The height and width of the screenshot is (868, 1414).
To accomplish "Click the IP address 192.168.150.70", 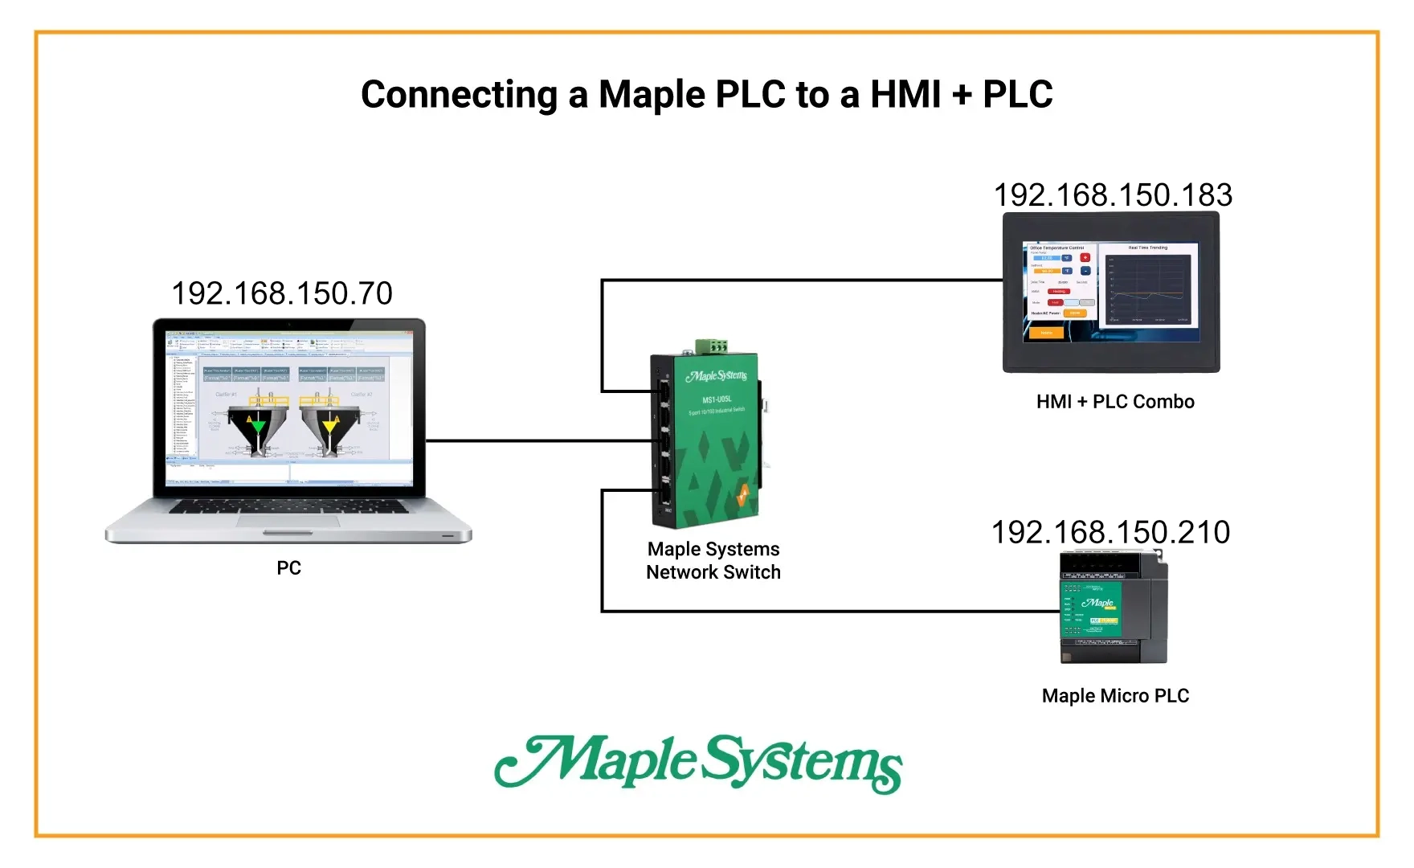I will [x=282, y=293].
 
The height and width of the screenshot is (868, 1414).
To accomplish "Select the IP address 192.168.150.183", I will [x=1113, y=195].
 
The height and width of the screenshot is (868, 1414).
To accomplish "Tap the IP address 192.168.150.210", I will [x=1110, y=532].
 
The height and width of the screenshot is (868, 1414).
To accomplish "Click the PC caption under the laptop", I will [x=288, y=568].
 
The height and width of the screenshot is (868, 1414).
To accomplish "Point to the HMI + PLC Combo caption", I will [x=1115, y=402].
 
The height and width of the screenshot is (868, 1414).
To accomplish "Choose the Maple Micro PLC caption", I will [x=1115, y=696].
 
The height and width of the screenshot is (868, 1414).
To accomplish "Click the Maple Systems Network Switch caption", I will [x=713, y=561].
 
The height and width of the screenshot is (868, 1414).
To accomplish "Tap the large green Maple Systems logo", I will [x=698, y=763].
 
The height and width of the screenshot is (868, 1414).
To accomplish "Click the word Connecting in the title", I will [x=459, y=95].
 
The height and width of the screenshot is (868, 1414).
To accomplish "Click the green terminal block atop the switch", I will [x=712, y=346].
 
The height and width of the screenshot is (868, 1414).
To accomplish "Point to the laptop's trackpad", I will [x=288, y=521].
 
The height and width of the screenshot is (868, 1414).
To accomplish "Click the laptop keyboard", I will [x=288, y=506].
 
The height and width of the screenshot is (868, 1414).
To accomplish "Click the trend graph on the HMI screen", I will [x=1148, y=288].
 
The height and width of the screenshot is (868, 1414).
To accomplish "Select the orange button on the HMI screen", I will [x=1046, y=333].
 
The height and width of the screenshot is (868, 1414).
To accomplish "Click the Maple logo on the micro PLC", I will [x=1098, y=603].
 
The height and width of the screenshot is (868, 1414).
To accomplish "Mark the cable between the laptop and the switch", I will [x=538, y=440].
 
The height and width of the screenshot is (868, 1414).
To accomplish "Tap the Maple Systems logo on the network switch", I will [x=717, y=376].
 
